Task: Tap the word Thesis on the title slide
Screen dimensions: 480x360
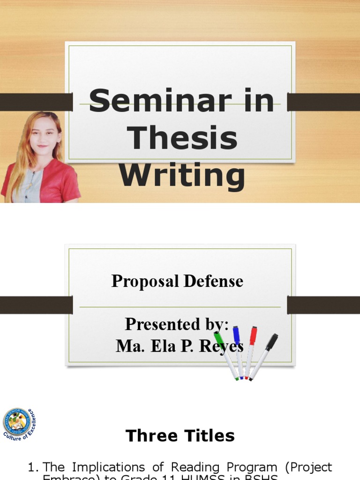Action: point(182,138)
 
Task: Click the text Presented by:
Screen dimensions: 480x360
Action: point(177,324)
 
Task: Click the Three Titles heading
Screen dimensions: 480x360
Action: point(180,436)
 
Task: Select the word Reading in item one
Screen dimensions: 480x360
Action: point(192,467)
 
